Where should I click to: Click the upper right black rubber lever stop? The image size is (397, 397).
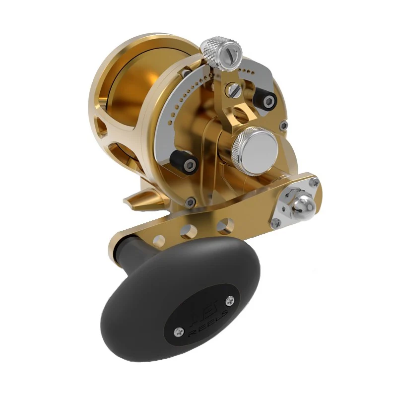click(264, 100)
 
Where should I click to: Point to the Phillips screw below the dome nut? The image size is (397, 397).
click(277, 223)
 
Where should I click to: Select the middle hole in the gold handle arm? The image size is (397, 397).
click(188, 231)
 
